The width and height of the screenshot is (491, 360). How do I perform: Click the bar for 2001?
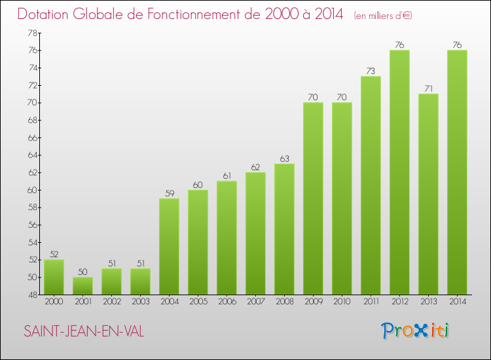[x=82, y=286]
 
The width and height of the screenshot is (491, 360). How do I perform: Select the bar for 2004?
[x=169, y=247]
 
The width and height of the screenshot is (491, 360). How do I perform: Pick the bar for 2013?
[x=428, y=194]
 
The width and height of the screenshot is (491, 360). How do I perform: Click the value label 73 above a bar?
[x=371, y=71]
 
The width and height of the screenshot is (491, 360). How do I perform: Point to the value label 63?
[x=284, y=158]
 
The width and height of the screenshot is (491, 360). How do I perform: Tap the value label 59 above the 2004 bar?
[x=169, y=193]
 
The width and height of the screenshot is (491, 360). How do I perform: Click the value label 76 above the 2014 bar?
[x=457, y=45]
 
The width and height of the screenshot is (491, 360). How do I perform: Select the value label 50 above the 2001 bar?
[x=82, y=272]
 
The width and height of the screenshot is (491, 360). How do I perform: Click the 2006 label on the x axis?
[x=227, y=302]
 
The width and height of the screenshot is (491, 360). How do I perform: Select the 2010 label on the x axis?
[x=342, y=302]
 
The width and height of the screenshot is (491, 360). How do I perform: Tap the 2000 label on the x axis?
[x=54, y=302]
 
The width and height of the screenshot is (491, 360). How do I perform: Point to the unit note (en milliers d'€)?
[x=383, y=16]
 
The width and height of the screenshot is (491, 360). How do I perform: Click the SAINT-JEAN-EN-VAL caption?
[x=84, y=332]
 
